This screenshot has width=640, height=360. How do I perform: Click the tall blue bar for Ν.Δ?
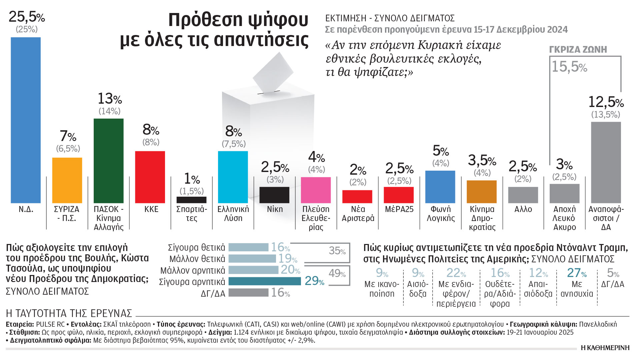tap(26, 120)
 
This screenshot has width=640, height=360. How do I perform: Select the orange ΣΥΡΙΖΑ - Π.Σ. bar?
tap(67, 180)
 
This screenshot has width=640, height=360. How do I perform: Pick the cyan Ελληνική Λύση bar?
tap(233, 177)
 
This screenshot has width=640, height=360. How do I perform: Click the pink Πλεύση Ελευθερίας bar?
tap(316, 190)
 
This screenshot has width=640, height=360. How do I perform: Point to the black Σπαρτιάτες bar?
tap(191, 200)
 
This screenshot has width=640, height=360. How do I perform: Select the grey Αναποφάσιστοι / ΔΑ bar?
tap(606, 162)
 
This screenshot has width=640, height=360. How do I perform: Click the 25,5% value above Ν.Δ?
tap(27, 17)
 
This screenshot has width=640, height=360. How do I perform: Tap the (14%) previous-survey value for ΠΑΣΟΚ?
tap(109, 111)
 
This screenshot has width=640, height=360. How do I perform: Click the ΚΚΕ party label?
tap(151, 209)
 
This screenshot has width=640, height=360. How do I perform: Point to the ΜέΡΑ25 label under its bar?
tap(399, 209)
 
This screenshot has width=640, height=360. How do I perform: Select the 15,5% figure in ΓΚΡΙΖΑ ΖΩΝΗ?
tap(569, 67)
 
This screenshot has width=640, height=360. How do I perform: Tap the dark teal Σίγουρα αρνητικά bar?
tap(265, 281)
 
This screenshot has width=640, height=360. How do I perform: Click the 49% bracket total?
tap(337, 273)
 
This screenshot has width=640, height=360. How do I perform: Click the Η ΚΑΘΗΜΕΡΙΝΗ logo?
tap(605, 348)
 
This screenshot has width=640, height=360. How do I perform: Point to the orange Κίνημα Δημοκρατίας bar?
tap(481, 192)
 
